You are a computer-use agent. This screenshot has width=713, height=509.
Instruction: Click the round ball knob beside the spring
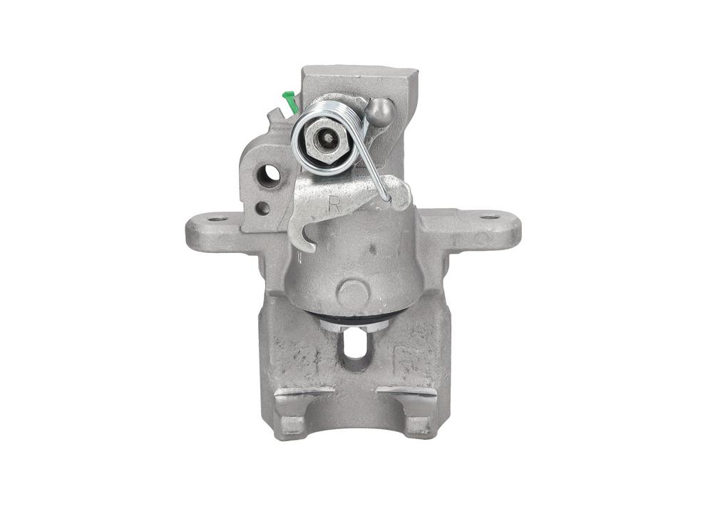click(381, 111)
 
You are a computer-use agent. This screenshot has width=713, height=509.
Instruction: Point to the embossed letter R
click(337, 204)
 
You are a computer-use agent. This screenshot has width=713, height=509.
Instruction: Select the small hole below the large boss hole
click(263, 208)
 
